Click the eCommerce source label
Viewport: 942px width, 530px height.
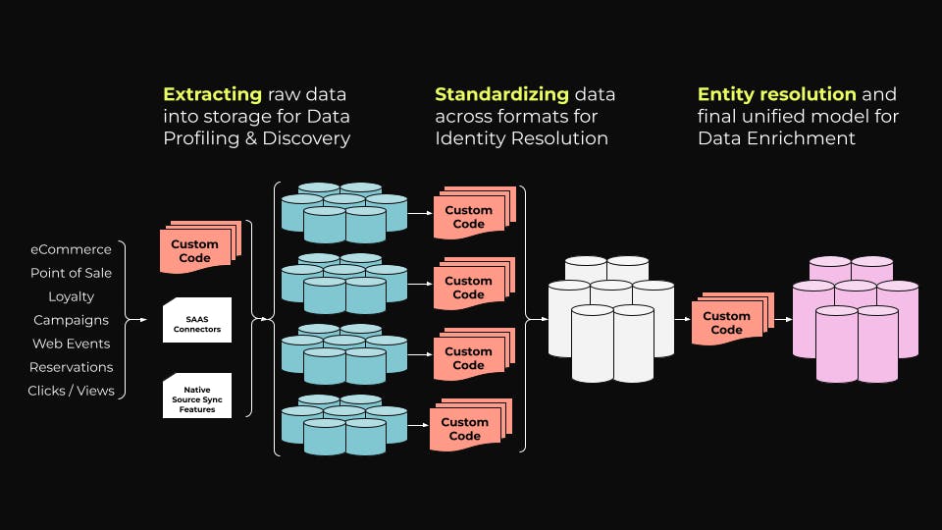[x=70, y=249]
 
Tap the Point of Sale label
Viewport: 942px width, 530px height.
[x=71, y=273]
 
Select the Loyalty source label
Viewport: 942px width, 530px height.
[x=71, y=296]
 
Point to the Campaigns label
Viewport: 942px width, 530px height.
[x=71, y=320]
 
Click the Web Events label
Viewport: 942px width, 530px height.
[x=71, y=344]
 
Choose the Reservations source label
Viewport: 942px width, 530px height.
[x=71, y=367]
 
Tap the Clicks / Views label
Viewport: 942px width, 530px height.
[x=71, y=391]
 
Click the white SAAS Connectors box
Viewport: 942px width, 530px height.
[x=196, y=320]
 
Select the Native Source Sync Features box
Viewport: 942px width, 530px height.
[x=196, y=396]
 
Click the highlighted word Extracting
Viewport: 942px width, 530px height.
[x=212, y=95]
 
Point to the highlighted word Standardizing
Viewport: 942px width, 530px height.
[x=501, y=95]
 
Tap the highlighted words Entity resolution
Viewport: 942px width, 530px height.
[x=776, y=95]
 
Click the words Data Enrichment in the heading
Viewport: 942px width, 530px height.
[x=776, y=139]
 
